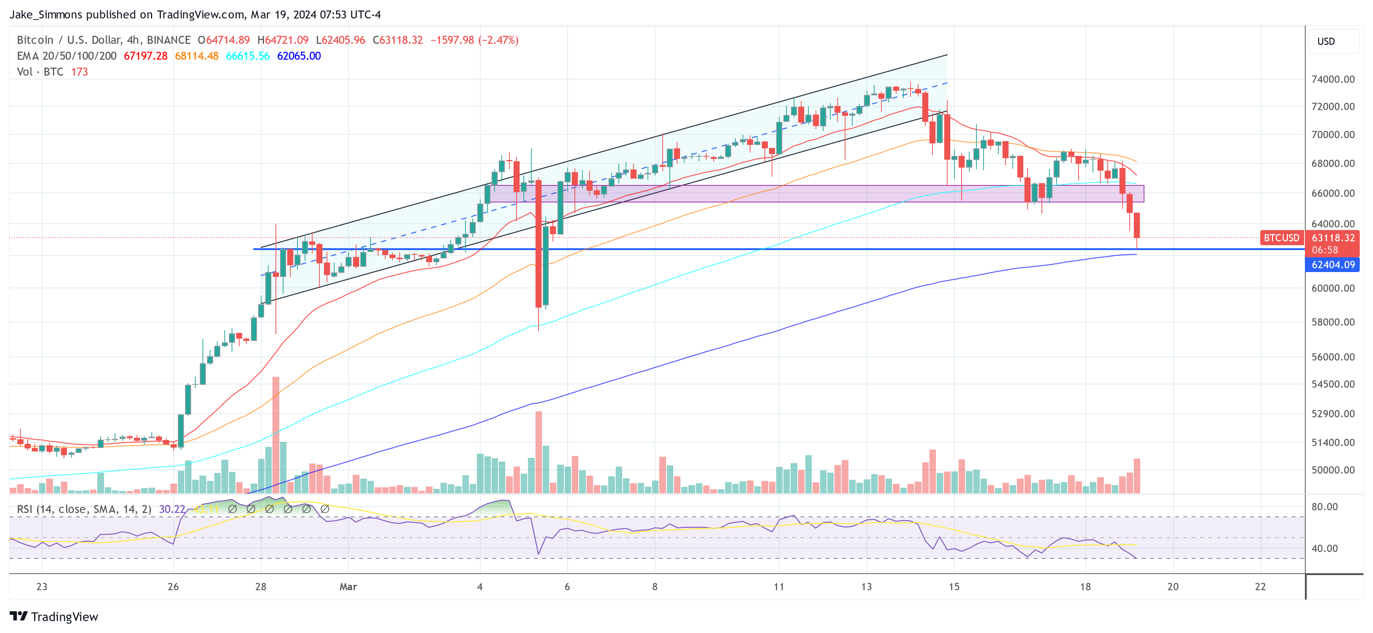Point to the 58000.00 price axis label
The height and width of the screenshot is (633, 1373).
click(x=1333, y=322)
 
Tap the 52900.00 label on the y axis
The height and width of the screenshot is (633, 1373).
click(x=1333, y=414)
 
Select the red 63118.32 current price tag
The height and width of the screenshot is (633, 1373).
click(x=1333, y=238)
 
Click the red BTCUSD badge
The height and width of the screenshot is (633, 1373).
click(x=1281, y=238)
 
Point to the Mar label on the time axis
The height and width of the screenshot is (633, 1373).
click(x=348, y=586)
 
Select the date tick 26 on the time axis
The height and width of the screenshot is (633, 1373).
click(x=173, y=586)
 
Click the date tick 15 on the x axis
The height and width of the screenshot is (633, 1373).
click(x=954, y=586)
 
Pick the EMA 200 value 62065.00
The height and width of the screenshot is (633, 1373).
click(x=299, y=56)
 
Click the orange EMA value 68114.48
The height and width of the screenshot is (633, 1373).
click(x=197, y=56)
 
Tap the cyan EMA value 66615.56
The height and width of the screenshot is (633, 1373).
click(x=248, y=56)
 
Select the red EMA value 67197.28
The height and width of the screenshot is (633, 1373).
click(x=145, y=56)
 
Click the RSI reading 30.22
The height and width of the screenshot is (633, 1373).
click(x=172, y=509)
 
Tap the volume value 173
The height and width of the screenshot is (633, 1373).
click(x=79, y=72)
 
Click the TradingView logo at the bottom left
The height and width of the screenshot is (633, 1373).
click(x=54, y=616)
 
